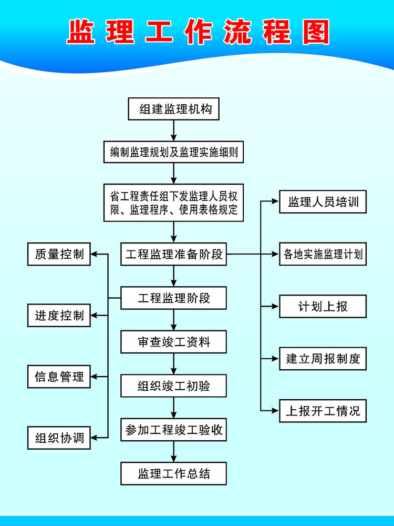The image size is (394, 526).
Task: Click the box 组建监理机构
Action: pos(174,109)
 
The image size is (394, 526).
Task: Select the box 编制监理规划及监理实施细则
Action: pos(174,153)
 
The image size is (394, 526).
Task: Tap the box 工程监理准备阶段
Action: pos(174,255)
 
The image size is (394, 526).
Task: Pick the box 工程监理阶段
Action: pos(174,298)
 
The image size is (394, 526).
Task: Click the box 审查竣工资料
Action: pos(174,342)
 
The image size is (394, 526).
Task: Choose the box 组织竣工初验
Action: pos(174,386)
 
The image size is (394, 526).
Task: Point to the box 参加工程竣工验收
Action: pos(174,430)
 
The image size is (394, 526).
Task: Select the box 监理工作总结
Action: pos(174,473)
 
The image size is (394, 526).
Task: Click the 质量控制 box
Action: pos(59,255)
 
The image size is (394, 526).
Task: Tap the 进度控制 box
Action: pos(59,316)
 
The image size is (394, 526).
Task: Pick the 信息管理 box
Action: pos(59,377)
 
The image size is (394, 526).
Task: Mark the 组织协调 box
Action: pos(59,438)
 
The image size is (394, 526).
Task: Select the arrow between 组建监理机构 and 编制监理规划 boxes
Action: pos(174,131)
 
